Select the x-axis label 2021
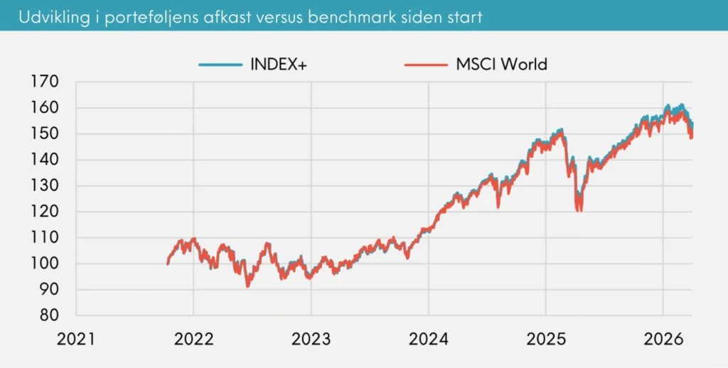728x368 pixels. (76, 340)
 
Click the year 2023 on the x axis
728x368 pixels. (311, 340)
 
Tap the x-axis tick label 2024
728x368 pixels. (428, 340)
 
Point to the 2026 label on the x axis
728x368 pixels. (663, 340)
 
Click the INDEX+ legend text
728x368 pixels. (279, 64)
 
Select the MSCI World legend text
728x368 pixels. (501, 64)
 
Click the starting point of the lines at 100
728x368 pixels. (168, 264)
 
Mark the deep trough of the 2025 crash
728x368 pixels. (579, 209)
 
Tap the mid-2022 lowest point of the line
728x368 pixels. (247, 286)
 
